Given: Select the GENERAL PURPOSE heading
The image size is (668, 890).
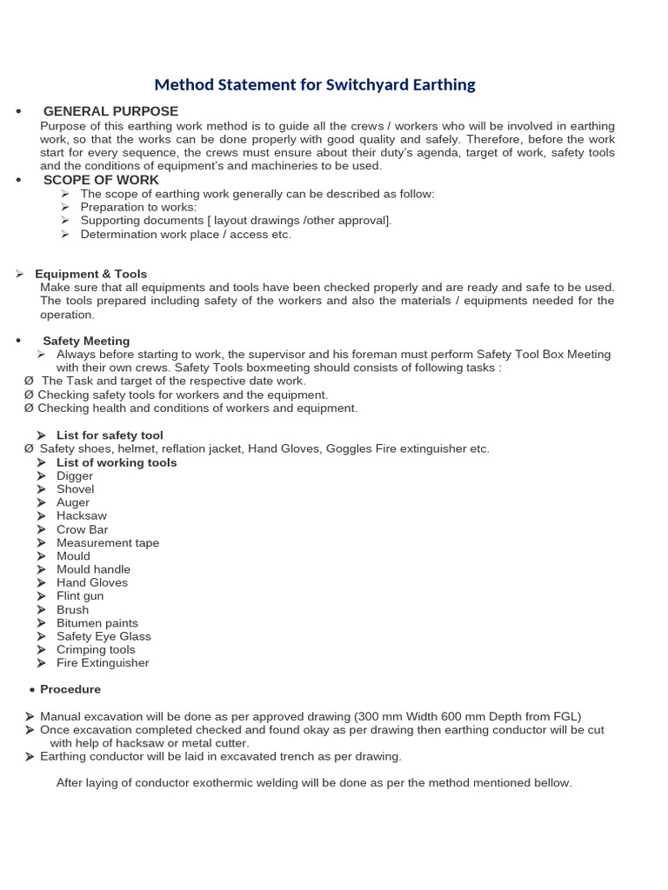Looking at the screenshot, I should tap(110, 111).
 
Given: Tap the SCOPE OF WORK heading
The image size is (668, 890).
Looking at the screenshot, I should tap(101, 180).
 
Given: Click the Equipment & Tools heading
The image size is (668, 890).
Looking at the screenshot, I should tap(90, 274).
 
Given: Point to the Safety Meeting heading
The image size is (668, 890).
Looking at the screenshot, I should tap(86, 341).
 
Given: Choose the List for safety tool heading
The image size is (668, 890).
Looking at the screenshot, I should tap(110, 435).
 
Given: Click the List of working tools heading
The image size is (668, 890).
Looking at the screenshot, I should tap(117, 462).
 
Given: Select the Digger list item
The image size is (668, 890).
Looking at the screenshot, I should tap(75, 476).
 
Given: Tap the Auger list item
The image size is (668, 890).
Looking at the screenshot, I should tap(73, 502).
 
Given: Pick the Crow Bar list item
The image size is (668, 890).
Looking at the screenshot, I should tap(83, 529).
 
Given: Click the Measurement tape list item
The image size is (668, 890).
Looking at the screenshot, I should tap(108, 543).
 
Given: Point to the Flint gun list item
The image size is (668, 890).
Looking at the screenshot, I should tap(80, 596).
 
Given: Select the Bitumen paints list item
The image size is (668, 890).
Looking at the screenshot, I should tap(97, 623).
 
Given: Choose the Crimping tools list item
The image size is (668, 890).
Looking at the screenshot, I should tap(96, 649).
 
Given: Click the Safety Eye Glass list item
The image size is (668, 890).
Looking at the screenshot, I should tap(104, 636).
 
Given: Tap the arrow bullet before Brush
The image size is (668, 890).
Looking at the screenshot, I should tap(42, 610).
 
